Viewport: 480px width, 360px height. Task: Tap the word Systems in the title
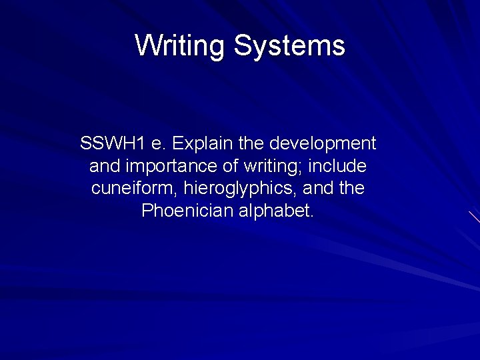(x=289, y=46)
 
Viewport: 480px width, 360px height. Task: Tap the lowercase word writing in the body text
(x=263, y=166)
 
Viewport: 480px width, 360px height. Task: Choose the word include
(x=337, y=166)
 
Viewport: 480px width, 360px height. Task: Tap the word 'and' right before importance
(x=103, y=166)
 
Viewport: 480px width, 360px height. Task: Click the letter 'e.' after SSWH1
(x=157, y=143)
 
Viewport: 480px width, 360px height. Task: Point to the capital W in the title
(x=145, y=46)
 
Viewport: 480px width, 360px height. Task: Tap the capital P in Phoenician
(x=147, y=211)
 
